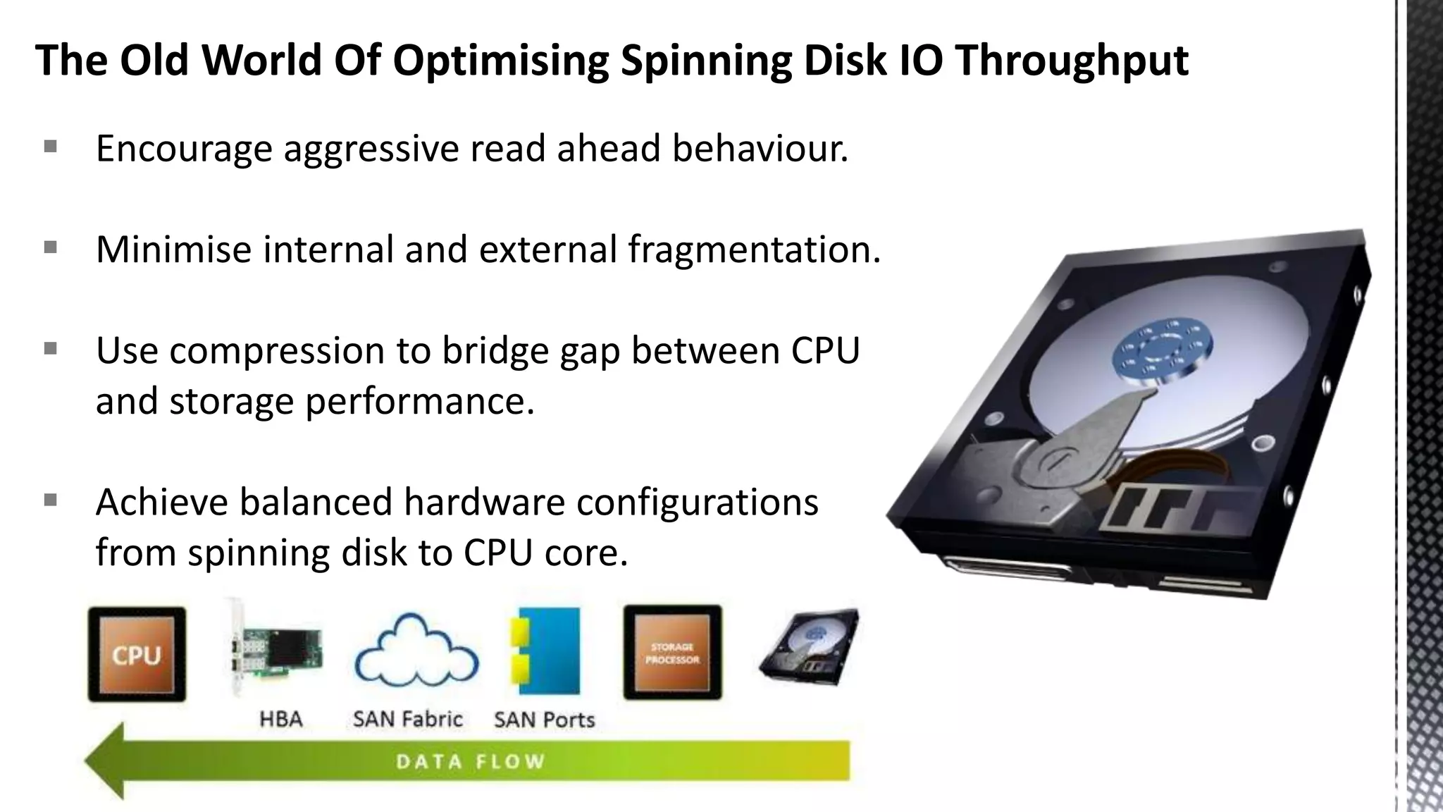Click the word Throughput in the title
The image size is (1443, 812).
[x=1072, y=61]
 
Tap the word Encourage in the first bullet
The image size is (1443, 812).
[x=184, y=149]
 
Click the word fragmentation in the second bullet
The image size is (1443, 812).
[x=754, y=250]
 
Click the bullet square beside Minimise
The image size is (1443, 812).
[x=50, y=247]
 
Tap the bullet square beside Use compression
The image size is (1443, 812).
[x=50, y=349]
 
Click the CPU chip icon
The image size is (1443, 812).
[x=137, y=654]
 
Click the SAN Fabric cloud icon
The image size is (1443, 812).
[x=416, y=651]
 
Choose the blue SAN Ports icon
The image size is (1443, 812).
[x=545, y=651]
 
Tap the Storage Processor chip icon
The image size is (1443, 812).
[x=673, y=653]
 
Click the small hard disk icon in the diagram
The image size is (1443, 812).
[x=810, y=647]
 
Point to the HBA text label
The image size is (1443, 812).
[x=281, y=720]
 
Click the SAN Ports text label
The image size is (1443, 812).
[x=545, y=720]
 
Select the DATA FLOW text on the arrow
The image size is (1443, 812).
[x=471, y=761]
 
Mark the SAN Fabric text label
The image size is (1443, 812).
[x=408, y=720]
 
